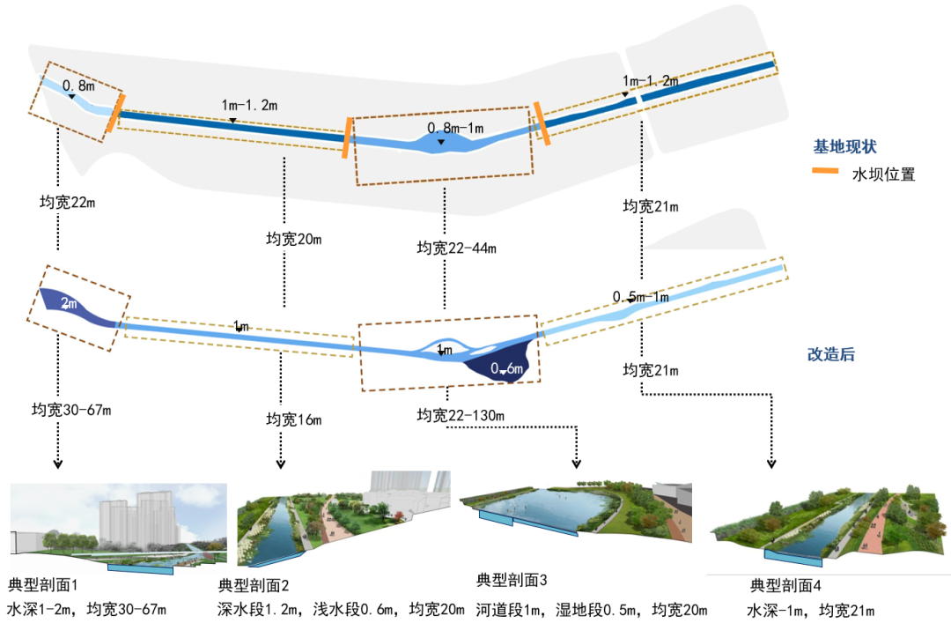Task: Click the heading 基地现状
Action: coord(844,147)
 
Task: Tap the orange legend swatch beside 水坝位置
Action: coord(826,174)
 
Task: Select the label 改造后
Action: coord(830,355)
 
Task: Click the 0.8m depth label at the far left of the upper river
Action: coord(79,86)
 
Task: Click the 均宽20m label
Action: coord(293,238)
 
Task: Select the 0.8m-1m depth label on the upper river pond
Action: coord(455,129)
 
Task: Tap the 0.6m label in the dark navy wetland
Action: coord(507,369)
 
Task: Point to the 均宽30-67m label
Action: coord(71,410)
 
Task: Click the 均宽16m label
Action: coord(293,419)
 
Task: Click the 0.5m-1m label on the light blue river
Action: coord(641,297)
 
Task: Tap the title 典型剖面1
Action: coord(43,585)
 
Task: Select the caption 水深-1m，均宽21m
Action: coord(810,610)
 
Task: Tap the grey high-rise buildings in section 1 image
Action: coord(141,520)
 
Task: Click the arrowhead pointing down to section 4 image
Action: coord(772,463)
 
